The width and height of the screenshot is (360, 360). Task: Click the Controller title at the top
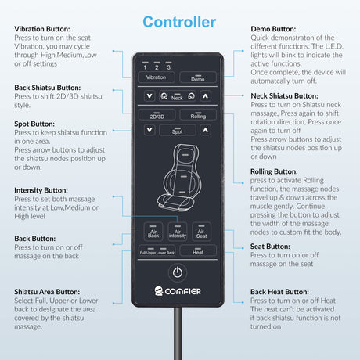[179, 22]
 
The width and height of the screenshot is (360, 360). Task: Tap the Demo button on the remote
[198, 77]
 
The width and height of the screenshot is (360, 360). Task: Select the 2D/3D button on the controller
[157, 115]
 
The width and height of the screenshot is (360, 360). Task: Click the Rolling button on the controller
[198, 115]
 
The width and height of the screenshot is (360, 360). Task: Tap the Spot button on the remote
[178, 130]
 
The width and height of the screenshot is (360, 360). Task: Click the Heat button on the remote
[198, 250]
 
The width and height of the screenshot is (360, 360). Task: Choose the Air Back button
[153, 232]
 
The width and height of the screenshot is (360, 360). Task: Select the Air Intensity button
[178, 232]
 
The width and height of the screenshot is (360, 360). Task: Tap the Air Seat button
[201, 232]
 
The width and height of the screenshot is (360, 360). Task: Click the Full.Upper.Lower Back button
[157, 250]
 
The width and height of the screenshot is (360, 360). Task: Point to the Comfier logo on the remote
[178, 291]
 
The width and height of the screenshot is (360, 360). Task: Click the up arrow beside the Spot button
[205, 130]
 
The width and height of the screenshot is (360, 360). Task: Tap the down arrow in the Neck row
[149, 96]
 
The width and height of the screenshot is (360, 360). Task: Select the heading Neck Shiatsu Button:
[284, 96]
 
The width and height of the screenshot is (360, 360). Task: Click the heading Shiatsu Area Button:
[47, 292]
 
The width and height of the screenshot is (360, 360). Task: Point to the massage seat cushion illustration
[179, 178]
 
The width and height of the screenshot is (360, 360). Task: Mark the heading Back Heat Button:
[279, 292]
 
